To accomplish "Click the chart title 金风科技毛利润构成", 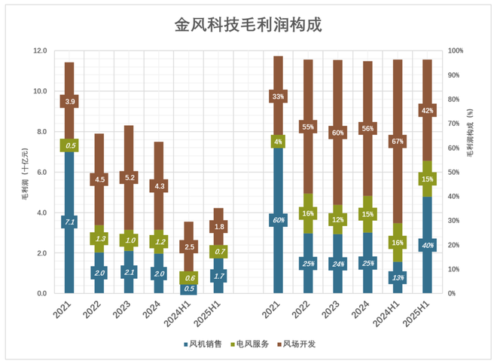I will click(248, 25).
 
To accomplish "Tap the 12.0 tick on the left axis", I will click(39, 50).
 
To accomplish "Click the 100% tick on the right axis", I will click(456, 50).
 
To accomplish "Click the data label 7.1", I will click(69, 222).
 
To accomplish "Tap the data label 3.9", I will click(69, 102).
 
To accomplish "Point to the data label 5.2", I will click(129, 178).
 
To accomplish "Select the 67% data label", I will click(398, 141).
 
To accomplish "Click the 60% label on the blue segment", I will click(279, 220).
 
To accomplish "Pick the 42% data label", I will click(428, 111).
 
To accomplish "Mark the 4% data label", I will click(279, 141).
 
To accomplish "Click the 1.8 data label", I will click(218, 227).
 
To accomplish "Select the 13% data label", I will click(398, 277).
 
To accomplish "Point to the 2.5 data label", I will click(188, 246).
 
